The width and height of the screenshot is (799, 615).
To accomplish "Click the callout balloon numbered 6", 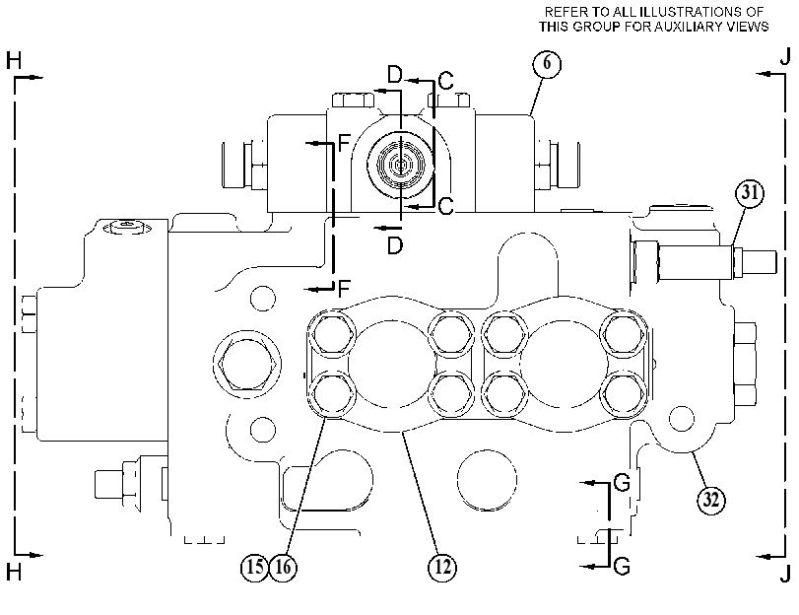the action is [x=547, y=64].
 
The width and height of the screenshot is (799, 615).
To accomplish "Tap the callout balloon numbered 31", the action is [x=750, y=193].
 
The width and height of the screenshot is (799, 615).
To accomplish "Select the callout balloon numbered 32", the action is [x=711, y=500].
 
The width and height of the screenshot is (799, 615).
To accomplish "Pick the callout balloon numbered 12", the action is [x=442, y=567].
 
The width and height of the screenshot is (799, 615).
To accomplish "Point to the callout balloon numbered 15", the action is [x=254, y=567].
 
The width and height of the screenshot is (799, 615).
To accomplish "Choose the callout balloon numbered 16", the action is [x=283, y=567].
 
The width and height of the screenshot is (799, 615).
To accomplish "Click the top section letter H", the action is [x=14, y=61].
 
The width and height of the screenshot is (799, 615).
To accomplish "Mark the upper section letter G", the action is [x=623, y=482].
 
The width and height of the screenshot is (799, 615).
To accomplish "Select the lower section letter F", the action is [x=345, y=289].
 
